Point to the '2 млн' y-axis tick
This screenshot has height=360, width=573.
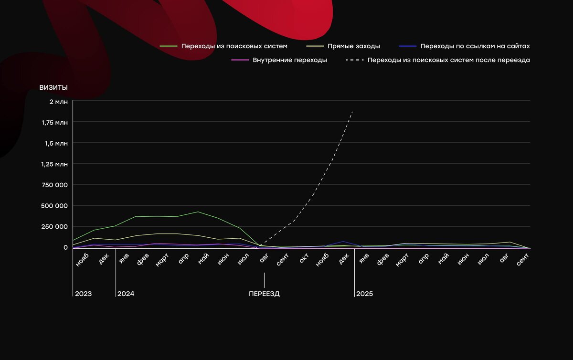(x=58, y=101)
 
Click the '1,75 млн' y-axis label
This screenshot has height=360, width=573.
(x=55, y=122)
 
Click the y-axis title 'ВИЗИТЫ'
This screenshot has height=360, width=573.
(x=53, y=87)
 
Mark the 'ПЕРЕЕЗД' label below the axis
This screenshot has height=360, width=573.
(x=264, y=294)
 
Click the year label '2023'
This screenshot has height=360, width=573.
(x=83, y=294)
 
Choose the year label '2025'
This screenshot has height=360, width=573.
(x=364, y=294)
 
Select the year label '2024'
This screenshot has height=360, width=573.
(x=126, y=294)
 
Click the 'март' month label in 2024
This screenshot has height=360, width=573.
(x=162, y=260)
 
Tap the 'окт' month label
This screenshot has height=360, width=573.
(x=304, y=258)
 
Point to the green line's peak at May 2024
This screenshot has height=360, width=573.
(x=198, y=212)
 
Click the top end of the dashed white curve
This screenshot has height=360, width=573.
(x=352, y=111)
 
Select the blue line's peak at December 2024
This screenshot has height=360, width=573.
(x=343, y=242)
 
